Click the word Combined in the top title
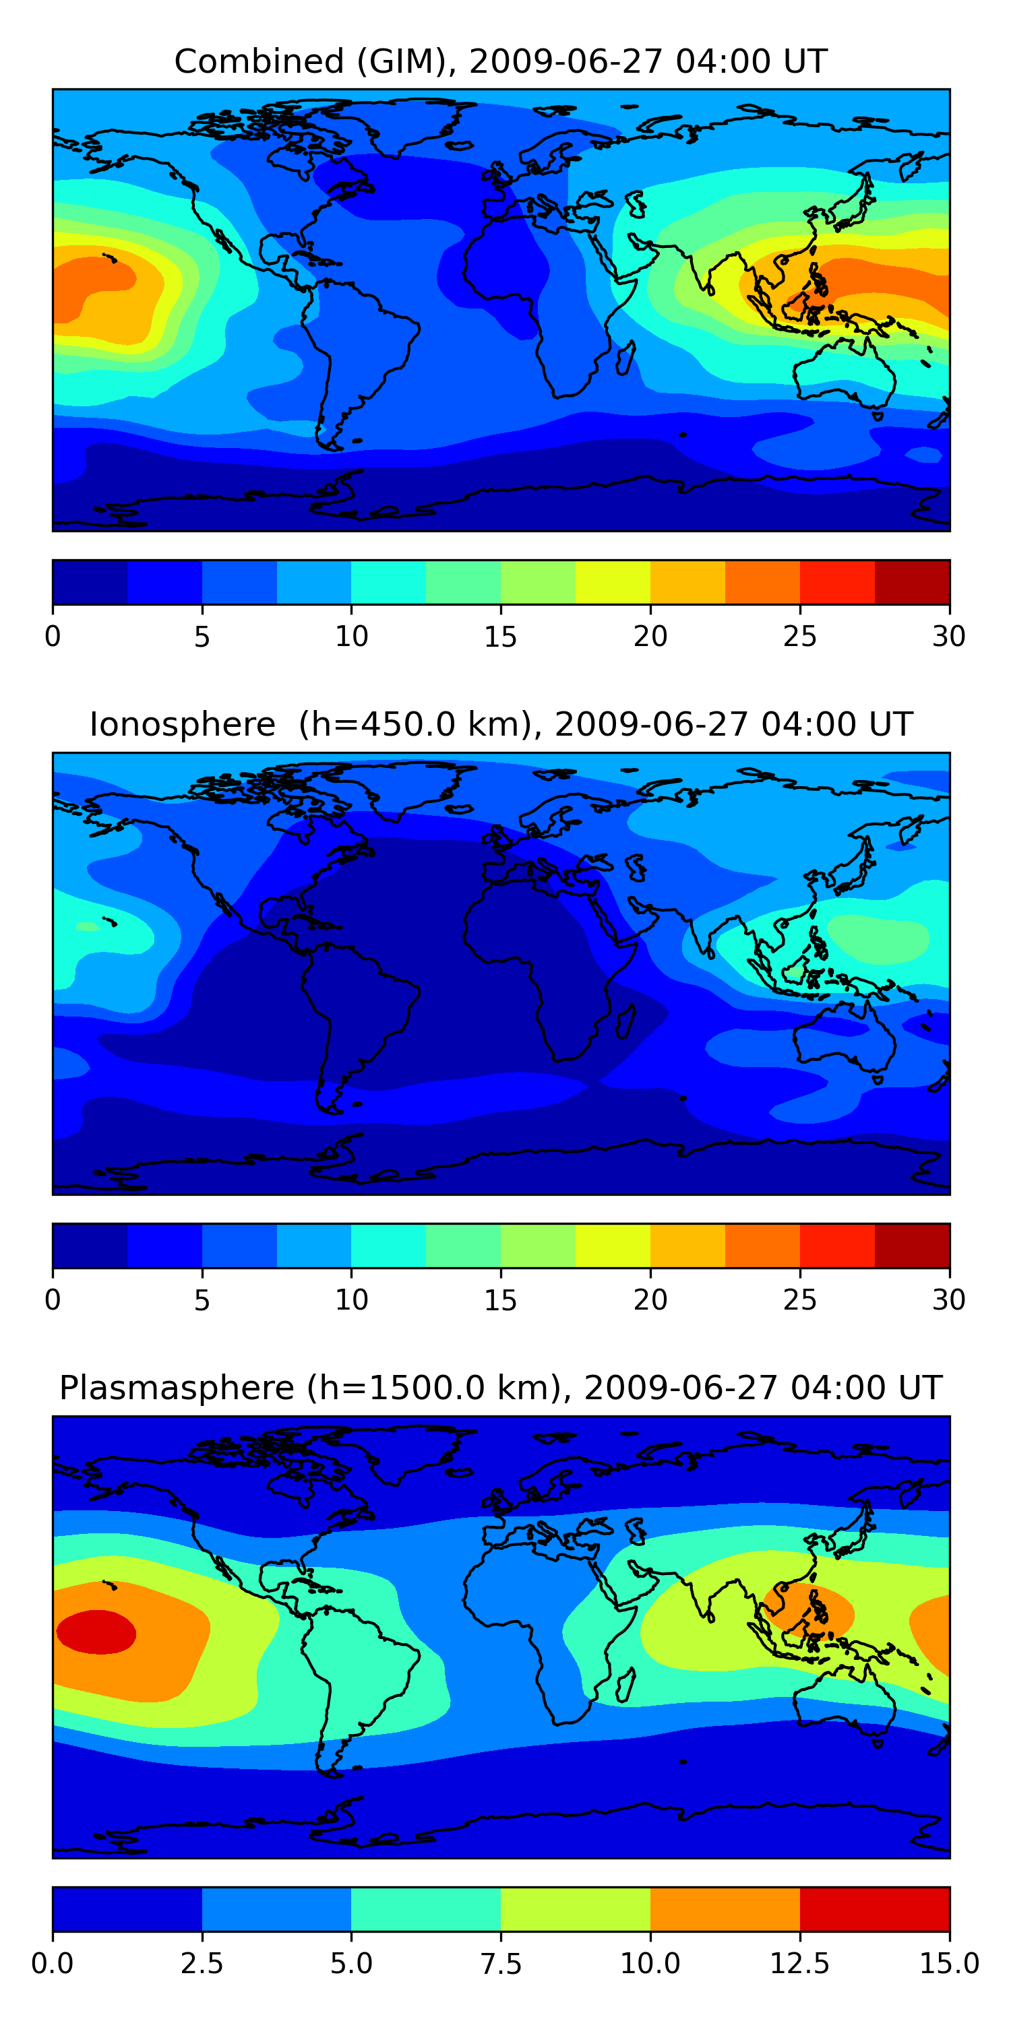coord(259,61)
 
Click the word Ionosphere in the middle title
coord(183,724)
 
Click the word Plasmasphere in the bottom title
coord(177,1388)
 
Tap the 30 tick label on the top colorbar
coord(949,636)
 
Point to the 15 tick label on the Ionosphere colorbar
coord(500,1300)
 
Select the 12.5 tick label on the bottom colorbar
coord(800,1964)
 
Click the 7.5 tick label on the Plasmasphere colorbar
coord(501,1964)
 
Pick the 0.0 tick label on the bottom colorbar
coord(53,1964)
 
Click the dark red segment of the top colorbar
coord(912,582)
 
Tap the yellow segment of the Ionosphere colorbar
coord(613,1246)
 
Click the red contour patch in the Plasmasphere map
coord(96,1632)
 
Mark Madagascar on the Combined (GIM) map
coord(625,358)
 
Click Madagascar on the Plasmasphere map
coord(625,1686)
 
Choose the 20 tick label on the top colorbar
coord(650,636)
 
